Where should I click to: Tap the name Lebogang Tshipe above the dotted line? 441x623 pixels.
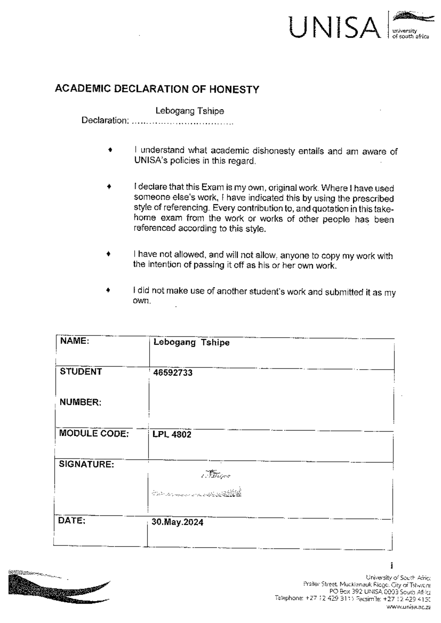point(190,111)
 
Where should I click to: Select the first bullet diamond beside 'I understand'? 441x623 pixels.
point(110,150)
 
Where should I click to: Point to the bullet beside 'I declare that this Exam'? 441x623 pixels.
point(109,187)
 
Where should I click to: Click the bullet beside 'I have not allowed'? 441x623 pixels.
point(108,253)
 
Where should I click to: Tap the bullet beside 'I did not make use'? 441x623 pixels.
point(108,290)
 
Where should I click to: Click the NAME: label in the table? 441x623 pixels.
point(75,341)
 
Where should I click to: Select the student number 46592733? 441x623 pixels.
point(173,373)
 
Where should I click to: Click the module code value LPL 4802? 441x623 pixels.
point(172,435)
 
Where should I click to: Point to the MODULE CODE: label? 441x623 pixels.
point(94,433)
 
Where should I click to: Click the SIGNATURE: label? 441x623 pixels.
point(86,464)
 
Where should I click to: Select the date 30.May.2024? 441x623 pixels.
point(178,522)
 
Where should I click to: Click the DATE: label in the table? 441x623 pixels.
point(72,521)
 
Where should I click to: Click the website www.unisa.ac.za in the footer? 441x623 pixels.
point(408,607)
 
